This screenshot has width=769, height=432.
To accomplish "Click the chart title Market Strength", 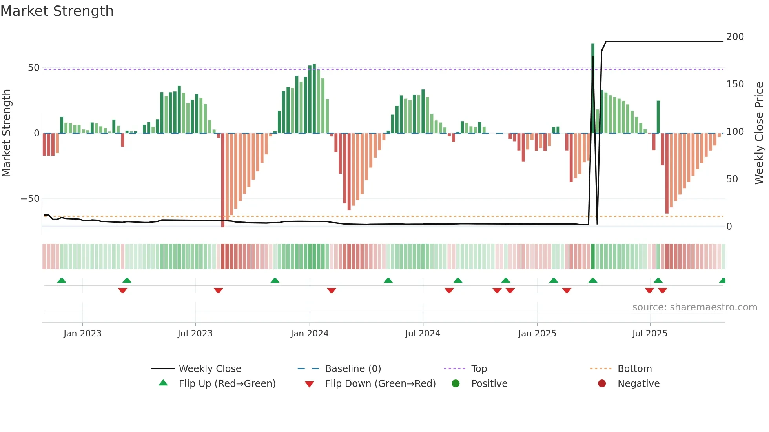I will tap(57, 11).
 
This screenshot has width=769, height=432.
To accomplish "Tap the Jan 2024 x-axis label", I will tap(309, 334).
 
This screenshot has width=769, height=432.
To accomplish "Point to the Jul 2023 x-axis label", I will tap(195, 334).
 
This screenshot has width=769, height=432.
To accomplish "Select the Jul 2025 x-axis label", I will tap(649, 334).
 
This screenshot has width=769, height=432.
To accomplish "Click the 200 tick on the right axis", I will tap(735, 37).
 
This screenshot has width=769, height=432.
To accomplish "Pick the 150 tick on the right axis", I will tap(735, 84).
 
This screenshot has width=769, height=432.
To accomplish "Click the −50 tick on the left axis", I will tap(30, 199).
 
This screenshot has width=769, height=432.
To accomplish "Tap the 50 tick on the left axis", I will tap(34, 68).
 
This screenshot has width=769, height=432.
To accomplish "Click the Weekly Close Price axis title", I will tap(759, 133).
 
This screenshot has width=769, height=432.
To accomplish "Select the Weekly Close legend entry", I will tap(210, 369).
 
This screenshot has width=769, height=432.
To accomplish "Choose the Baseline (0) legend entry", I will tap(353, 369).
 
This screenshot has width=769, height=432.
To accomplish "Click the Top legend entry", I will tap(479, 369).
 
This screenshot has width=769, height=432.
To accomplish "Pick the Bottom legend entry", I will tap(634, 369).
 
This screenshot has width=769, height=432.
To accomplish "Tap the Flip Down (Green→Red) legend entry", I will tap(380, 384).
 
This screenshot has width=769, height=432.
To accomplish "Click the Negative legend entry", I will tap(638, 384).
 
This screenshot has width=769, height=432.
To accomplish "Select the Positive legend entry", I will tap(489, 384).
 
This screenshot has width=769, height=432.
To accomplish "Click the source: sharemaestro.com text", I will tap(694, 307).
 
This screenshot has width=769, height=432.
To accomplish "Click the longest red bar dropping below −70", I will tap(223, 180).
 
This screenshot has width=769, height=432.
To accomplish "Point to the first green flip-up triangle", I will tap(62, 280).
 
